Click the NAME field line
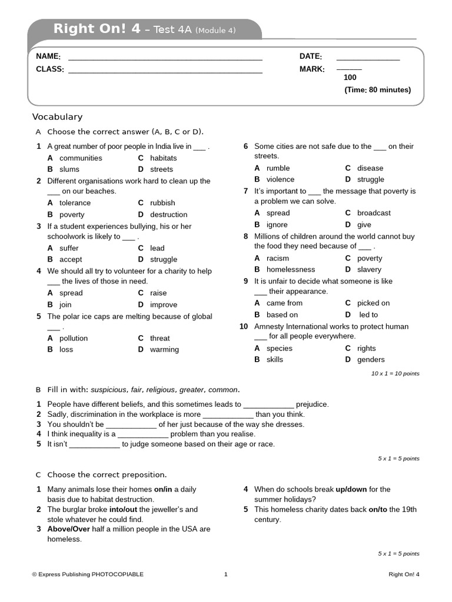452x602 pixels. (x=165, y=59)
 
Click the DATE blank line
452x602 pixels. (x=368, y=59)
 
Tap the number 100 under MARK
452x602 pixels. (x=350, y=78)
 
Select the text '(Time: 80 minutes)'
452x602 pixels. (x=377, y=90)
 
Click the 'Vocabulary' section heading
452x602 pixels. (x=57, y=117)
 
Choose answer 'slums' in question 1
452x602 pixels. (x=69, y=169)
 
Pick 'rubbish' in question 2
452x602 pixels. (x=162, y=203)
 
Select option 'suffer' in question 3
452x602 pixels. (x=69, y=248)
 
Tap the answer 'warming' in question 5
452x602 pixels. (x=164, y=349)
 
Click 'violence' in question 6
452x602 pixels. (x=280, y=179)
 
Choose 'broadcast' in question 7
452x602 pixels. (x=374, y=213)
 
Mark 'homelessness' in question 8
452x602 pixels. (x=291, y=269)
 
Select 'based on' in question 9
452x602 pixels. (x=282, y=315)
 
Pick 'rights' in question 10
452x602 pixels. (x=366, y=348)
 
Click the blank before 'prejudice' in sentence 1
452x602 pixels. (x=268, y=404)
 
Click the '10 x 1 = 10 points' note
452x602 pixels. (x=395, y=373)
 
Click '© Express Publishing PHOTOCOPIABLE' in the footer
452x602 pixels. (x=88, y=574)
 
